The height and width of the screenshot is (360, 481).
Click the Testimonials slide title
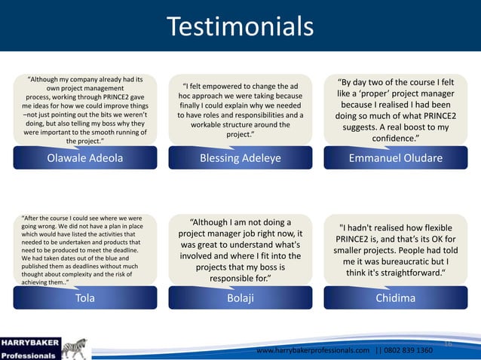[240, 26]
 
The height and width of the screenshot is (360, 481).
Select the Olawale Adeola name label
[85, 158]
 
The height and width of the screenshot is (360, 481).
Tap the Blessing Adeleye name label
[240, 158]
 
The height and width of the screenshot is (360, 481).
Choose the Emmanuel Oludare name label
[395, 158]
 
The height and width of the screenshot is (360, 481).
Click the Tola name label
[85, 297]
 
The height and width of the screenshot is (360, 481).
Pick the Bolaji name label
[240, 297]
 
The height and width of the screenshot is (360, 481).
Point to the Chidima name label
[395, 297]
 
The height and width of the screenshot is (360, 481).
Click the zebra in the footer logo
[75, 348]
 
